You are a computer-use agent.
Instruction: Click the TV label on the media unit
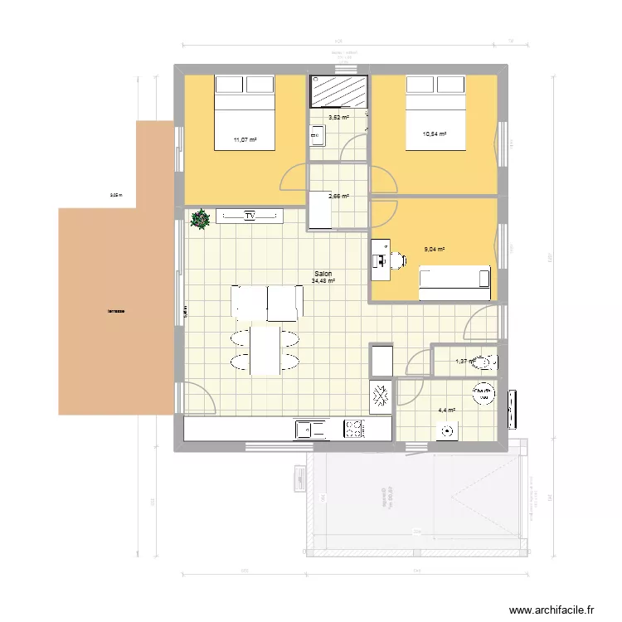pyautogui.click(x=249, y=216)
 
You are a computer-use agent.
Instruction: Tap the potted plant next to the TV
pyautogui.click(x=200, y=219)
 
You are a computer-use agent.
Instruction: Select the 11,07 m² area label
pyautogui.click(x=245, y=140)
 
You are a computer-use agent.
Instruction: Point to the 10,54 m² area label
pyautogui.click(x=435, y=134)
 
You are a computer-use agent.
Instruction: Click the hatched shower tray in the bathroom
pyautogui.click(x=339, y=91)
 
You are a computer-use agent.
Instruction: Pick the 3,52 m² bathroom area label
pyautogui.click(x=338, y=118)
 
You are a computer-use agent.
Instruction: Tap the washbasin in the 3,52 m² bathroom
pyautogui.click(x=316, y=134)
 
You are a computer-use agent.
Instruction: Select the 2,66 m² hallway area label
pyautogui.click(x=338, y=197)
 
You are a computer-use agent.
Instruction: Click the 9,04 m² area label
pyautogui.click(x=435, y=249)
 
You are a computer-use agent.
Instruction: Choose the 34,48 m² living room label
pyautogui.click(x=323, y=281)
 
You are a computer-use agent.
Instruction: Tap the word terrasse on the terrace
pyautogui.click(x=115, y=312)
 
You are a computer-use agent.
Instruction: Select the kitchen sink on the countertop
pyautogui.click(x=306, y=429)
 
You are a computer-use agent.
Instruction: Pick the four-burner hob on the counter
pyautogui.click(x=354, y=429)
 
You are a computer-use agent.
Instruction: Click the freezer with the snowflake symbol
pyautogui.click(x=381, y=397)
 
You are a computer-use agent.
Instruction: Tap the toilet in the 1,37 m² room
pyautogui.click(x=488, y=361)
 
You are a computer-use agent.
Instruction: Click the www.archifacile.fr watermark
pyautogui.click(x=553, y=610)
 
